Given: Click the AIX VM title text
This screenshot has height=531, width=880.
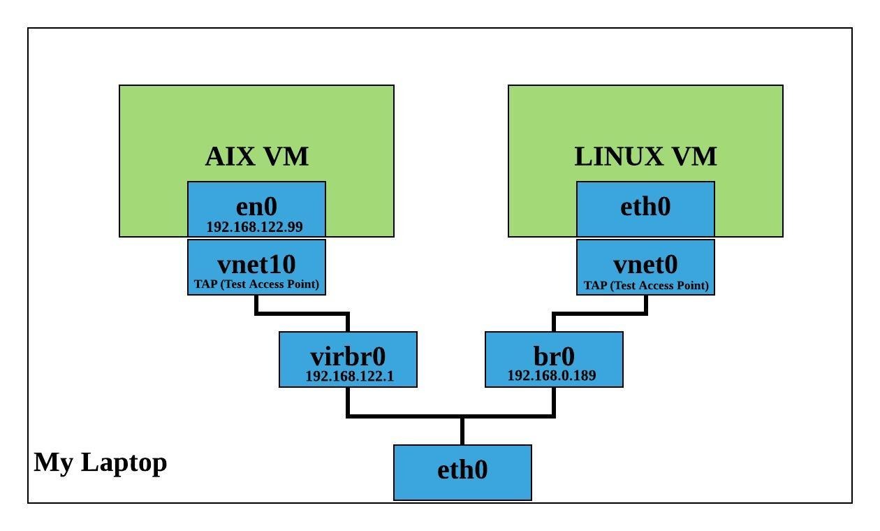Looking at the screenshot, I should tap(256, 157).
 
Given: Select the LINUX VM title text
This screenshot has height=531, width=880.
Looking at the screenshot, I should tap(645, 157).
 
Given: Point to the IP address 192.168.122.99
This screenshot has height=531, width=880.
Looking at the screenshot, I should tap(255, 227).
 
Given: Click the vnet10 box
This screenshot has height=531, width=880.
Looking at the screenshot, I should tap(256, 267).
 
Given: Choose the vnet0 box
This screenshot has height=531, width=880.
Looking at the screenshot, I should tap(645, 267).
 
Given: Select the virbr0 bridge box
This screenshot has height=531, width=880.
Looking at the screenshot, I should tap(348, 359).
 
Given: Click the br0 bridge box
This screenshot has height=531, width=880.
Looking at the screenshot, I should tap(554, 359).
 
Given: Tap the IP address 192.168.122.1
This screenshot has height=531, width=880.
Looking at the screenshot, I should tap(350, 376).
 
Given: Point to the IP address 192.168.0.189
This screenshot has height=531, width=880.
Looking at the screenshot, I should tap(551, 376).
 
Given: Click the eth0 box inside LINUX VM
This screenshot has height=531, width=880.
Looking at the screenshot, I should tap(645, 208).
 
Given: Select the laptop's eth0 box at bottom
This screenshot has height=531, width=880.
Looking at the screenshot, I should tap(462, 472).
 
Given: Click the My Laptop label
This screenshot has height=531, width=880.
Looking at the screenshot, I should tap(101, 463).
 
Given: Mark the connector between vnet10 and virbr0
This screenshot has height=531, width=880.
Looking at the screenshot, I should tap(302, 313).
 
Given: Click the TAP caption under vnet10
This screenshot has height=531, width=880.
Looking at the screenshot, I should tap(256, 285).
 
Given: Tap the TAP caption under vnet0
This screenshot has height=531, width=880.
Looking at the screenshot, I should tap(646, 285).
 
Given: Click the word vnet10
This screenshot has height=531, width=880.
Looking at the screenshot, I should tap(256, 264).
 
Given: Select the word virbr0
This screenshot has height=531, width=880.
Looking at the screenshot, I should tap(348, 356).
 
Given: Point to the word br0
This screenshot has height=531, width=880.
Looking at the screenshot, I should tap(554, 356).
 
